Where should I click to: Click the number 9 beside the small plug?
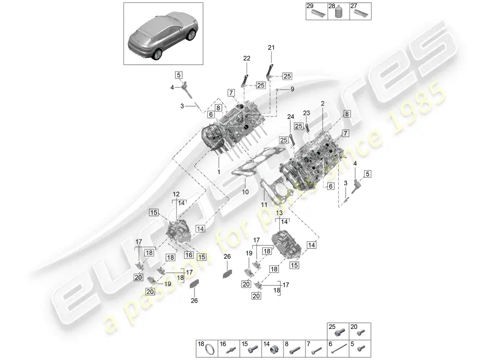[x=292, y=89]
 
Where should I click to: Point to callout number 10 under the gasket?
[x=245, y=192]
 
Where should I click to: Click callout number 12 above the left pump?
[x=176, y=193]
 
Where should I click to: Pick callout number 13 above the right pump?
[x=279, y=212]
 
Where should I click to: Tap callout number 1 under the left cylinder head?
[x=219, y=172]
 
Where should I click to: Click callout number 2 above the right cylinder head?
[x=322, y=103]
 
